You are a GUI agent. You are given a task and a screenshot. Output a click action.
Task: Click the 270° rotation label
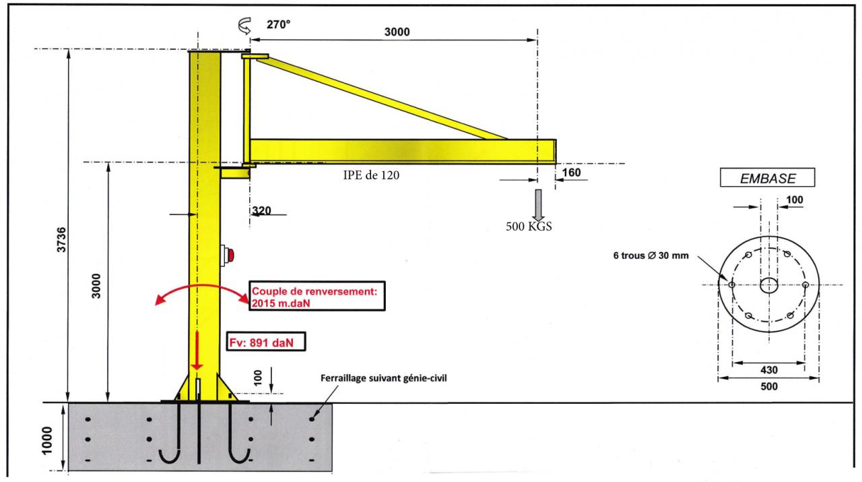pyautogui.click(x=279, y=24)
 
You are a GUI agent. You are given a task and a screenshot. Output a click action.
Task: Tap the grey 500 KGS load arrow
pyautogui.click(x=537, y=203)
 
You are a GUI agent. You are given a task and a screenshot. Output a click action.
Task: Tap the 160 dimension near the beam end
pyautogui.click(x=572, y=173)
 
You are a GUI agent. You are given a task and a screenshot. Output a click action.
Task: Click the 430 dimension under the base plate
pyautogui.click(x=768, y=370)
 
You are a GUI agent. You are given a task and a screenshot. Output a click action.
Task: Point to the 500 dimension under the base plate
pyautogui.click(x=768, y=387)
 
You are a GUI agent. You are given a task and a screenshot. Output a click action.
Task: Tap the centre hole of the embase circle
pyautogui.click(x=768, y=285)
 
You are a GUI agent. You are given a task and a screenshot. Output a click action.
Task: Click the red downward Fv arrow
pyautogui.click(x=197, y=351)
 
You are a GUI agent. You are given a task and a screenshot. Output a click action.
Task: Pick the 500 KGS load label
pyautogui.click(x=529, y=227)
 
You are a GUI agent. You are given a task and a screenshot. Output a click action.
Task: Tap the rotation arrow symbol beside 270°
pyautogui.click(x=244, y=26)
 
